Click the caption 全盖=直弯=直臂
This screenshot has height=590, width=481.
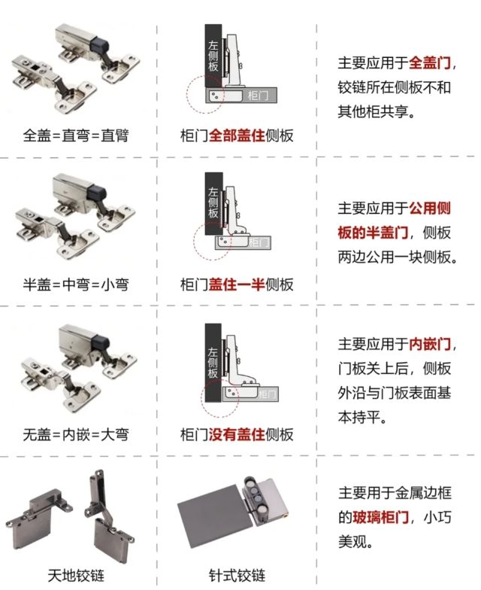pyautogui.click(x=75, y=136)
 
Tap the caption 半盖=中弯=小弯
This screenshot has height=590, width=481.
pyautogui.click(x=75, y=285)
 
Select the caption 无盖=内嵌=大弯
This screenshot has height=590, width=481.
pyautogui.click(x=75, y=435)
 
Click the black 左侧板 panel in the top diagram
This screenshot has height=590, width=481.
pyautogui.click(x=213, y=60)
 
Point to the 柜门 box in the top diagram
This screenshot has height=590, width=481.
pyautogui.click(x=256, y=96)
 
